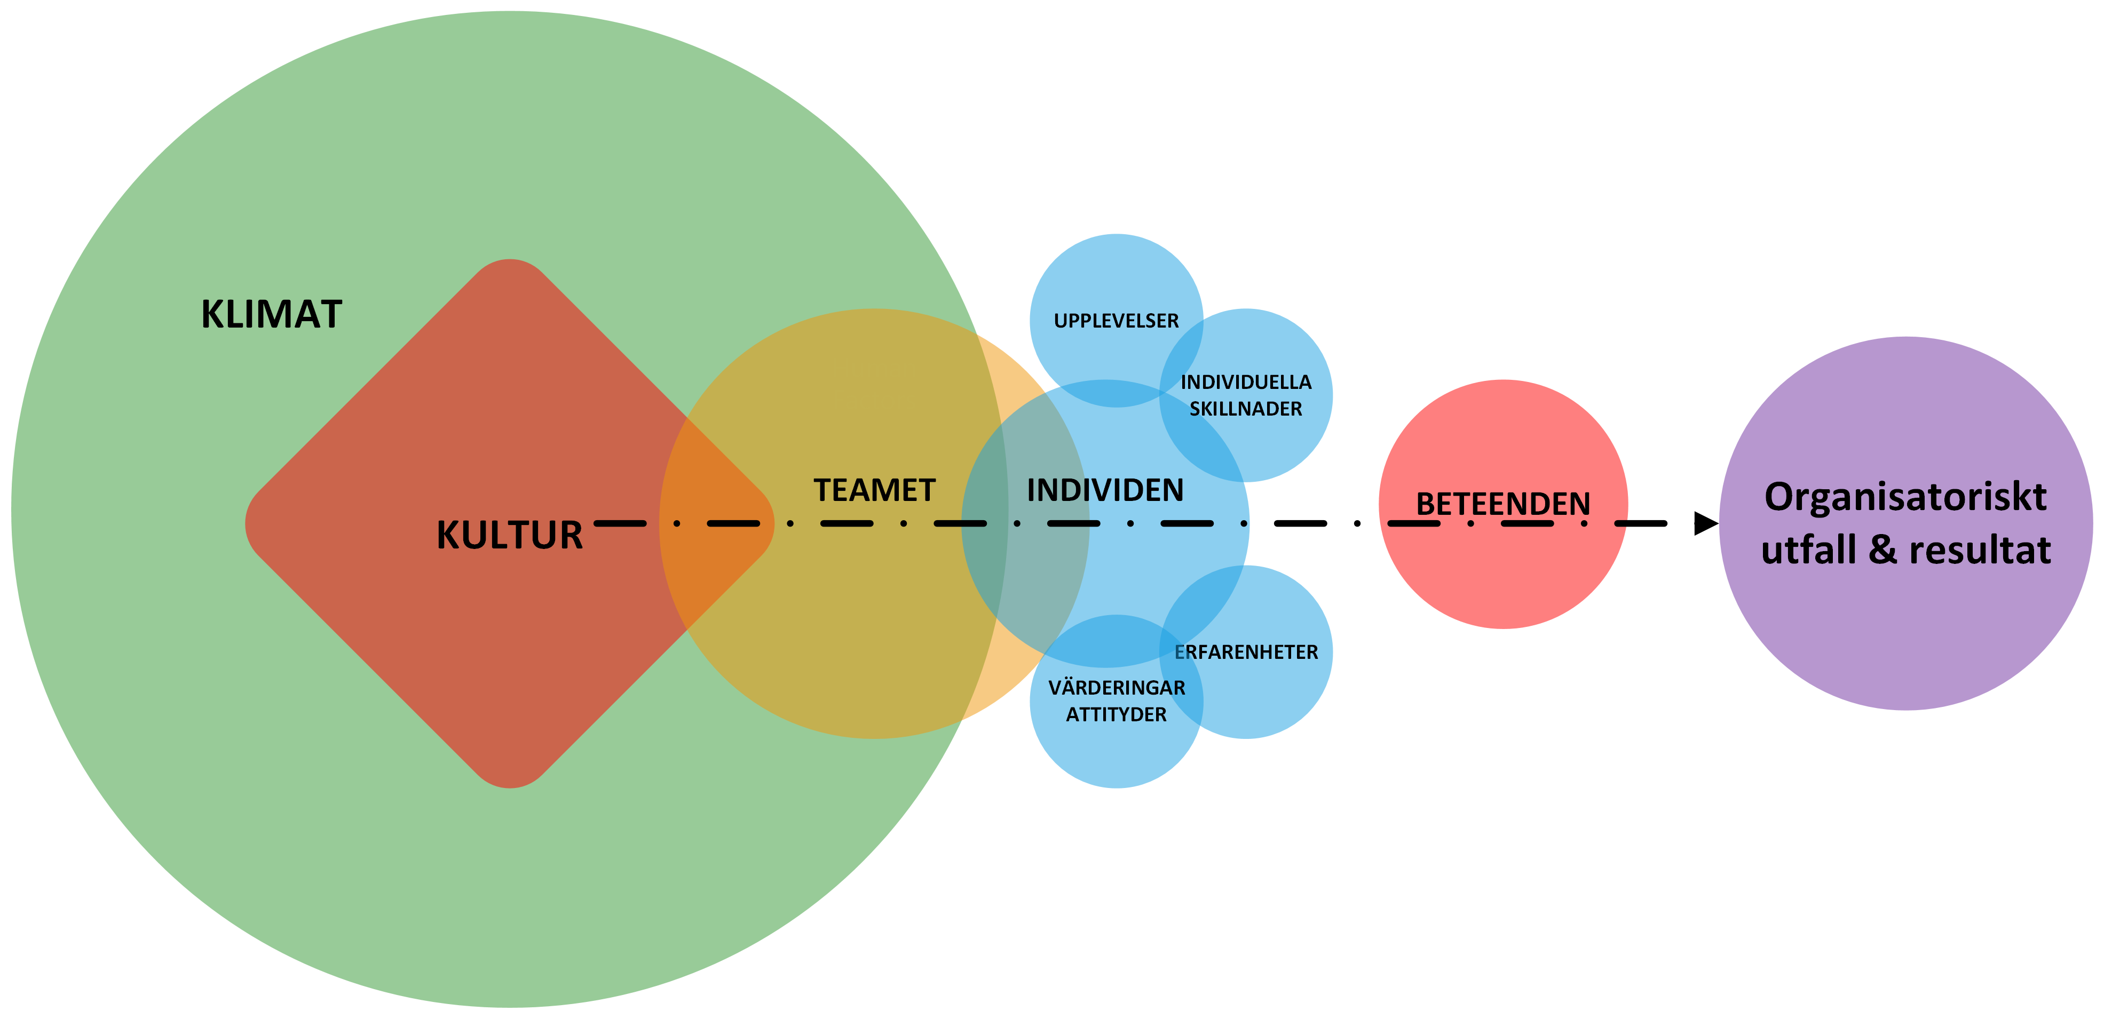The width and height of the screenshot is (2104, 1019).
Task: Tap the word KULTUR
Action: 510,536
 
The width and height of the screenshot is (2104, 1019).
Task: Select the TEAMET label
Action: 874,491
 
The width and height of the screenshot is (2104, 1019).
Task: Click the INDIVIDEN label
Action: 1105,491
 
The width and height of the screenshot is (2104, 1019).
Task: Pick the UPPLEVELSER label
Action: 1116,321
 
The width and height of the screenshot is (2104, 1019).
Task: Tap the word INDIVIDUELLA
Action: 1246,382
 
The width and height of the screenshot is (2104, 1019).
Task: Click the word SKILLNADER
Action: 1246,409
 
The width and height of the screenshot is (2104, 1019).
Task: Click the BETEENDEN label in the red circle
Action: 1503,504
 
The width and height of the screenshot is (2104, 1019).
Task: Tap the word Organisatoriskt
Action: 1905,497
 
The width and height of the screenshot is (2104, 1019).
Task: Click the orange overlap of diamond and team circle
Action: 719,522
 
